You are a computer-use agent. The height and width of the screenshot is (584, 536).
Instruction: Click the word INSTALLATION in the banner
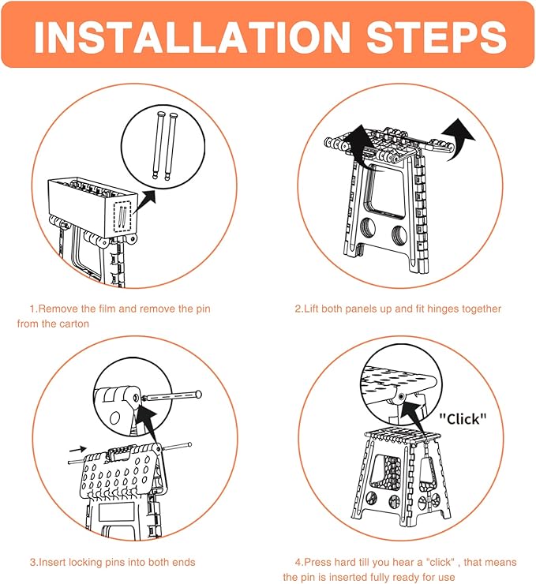[192, 36]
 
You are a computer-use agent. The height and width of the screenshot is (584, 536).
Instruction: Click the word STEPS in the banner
[437, 36]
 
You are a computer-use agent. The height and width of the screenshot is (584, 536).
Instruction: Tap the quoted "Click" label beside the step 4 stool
[463, 419]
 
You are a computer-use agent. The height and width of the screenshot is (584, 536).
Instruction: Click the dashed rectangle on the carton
[123, 216]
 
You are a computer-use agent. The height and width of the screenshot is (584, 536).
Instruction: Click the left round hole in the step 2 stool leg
[369, 228]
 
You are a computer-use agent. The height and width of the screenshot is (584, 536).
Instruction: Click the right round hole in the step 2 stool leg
[399, 234]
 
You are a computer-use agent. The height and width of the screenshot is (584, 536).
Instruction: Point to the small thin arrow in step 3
[78, 449]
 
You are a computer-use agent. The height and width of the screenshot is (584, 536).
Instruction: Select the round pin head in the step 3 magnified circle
[198, 394]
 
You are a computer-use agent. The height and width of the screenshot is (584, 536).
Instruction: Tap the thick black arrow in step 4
[416, 418]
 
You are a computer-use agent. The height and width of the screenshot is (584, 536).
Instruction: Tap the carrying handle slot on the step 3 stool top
[119, 454]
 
